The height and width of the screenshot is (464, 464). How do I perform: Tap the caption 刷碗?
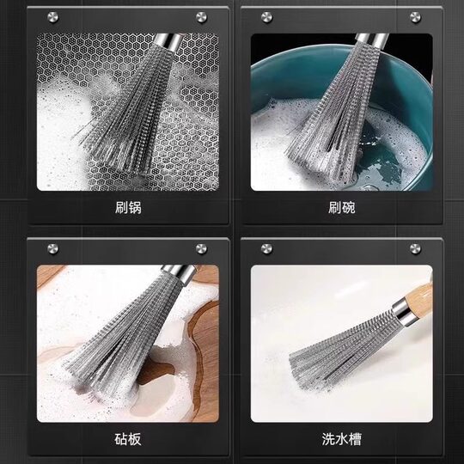pyautogui.click(x=341, y=208)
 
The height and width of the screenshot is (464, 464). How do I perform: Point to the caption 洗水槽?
pyautogui.click(x=341, y=440)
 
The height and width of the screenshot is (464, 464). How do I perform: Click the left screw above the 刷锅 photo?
pyautogui.click(x=53, y=16)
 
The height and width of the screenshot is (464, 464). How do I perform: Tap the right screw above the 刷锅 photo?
pyautogui.click(x=201, y=16)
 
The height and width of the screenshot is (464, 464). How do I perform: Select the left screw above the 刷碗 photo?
pyautogui.click(x=267, y=16)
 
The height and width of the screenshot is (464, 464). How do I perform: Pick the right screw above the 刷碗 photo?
pyautogui.click(x=415, y=16)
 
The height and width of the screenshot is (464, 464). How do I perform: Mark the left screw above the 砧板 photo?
pyautogui.click(x=53, y=249)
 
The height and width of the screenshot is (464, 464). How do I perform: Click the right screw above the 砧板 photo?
pyautogui.click(x=201, y=249)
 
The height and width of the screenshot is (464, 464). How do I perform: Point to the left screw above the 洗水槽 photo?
pyautogui.click(x=267, y=249)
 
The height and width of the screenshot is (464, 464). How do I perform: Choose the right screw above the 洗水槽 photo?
pyautogui.click(x=415, y=249)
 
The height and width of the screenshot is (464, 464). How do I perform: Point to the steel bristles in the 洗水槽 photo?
pyautogui.click(x=335, y=352)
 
